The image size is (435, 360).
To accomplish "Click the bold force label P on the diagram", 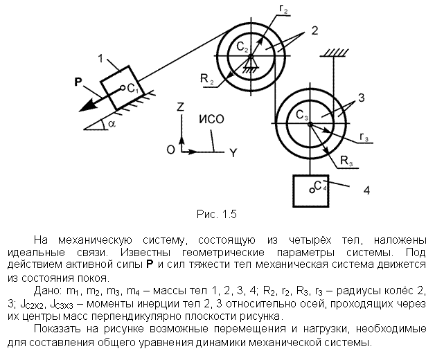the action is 79,82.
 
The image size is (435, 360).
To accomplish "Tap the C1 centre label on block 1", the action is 133,89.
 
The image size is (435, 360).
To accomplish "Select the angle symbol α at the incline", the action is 112,124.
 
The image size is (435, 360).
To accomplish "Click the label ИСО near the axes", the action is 211,119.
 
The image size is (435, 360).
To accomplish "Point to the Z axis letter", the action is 181,107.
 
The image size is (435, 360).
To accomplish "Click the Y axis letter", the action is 233,153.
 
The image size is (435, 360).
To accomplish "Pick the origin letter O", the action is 171,150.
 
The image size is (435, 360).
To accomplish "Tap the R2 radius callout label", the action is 207,79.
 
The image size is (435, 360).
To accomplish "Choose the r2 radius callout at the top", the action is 283,9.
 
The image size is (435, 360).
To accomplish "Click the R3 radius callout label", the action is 346,161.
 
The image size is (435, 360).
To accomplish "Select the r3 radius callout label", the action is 364,137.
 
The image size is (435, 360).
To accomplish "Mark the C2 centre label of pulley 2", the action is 242,47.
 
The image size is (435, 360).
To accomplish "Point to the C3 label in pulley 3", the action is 302,115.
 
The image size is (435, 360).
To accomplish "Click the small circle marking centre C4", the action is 312,190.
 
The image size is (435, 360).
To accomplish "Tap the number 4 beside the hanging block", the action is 366,190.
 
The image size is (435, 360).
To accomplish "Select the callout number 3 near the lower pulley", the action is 361,98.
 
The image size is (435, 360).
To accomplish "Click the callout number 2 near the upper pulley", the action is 314,30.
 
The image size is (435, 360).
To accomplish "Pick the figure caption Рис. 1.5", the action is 216,214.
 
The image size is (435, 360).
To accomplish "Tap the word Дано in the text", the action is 47,291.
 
